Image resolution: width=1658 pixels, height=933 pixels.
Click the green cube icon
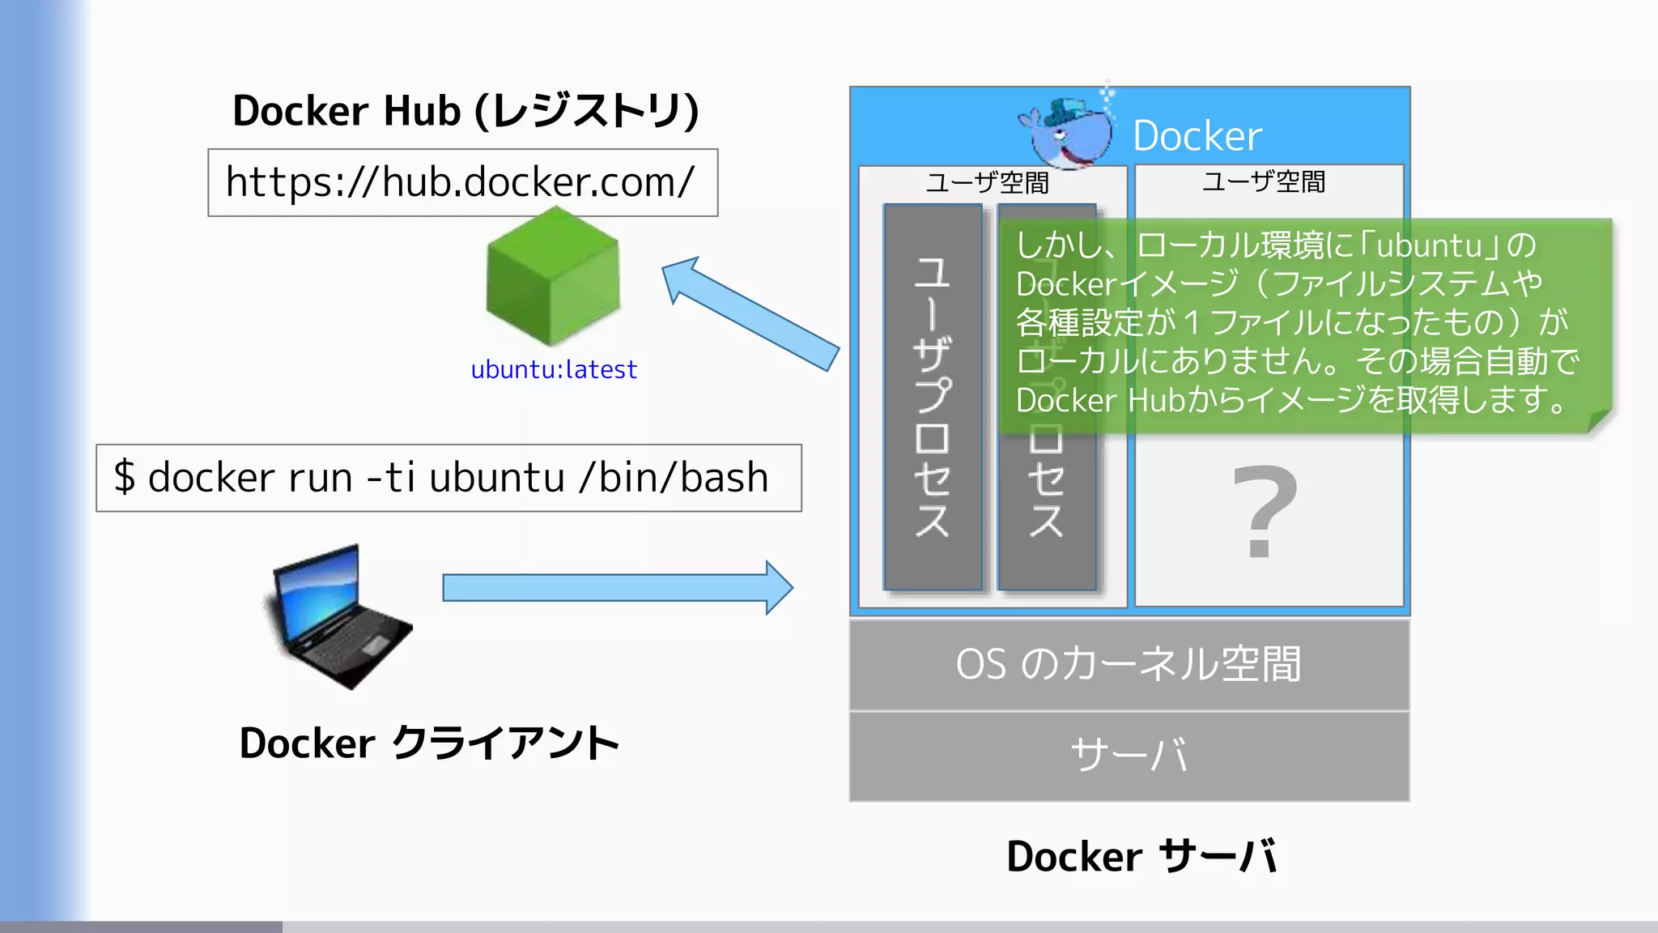pos(553,277)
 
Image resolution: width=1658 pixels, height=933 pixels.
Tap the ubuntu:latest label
pos(554,370)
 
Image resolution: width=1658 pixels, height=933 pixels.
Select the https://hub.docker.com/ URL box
pos(462,182)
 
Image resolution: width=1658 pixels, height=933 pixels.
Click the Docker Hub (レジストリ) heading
pos(466,111)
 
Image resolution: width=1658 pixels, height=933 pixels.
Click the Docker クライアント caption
pos(429,743)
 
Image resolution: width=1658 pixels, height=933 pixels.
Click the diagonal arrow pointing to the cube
pos(749,313)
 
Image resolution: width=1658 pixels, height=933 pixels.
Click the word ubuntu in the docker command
pos(496,478)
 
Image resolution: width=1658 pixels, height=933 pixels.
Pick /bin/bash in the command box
pos(674,478)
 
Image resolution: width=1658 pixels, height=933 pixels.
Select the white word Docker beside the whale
pos(1197,136)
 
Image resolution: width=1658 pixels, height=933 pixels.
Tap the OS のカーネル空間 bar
pos(1129,665)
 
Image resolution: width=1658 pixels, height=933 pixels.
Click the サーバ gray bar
pos(1129,756)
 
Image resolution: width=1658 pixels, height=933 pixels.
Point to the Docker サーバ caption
pos(1141,857)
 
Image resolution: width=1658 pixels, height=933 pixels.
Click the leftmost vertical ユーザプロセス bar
pos(933,397)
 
